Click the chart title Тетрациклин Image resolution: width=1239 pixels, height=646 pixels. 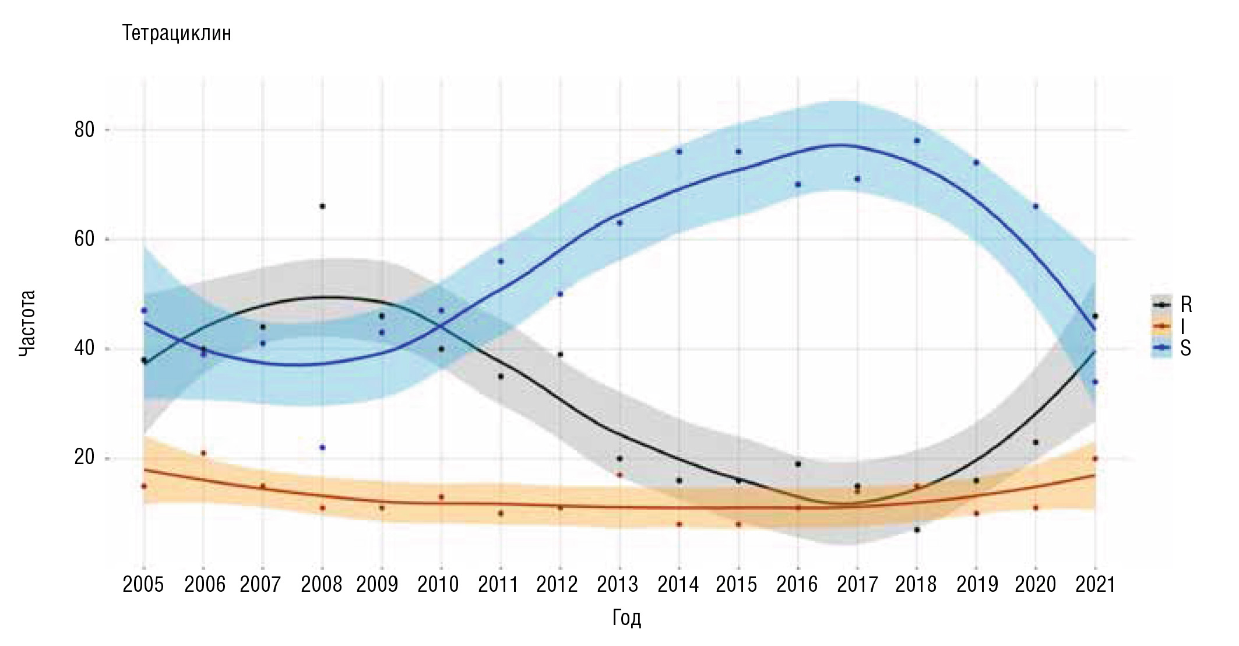click(x=177, y=34)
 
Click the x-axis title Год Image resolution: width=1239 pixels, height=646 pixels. click(x=626, y=617)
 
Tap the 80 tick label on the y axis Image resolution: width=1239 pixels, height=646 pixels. click(x=85, y=130)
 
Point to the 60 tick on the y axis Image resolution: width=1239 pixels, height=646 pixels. click(x=85, y=239)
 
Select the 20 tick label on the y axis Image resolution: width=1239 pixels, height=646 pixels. click(x=85, y=458)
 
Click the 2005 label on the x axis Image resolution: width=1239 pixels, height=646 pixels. click(x=143, y=584)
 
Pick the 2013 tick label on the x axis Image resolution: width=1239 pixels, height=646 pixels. click(x=618, y=584)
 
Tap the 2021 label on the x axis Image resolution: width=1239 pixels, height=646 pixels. click(x=1095, y=584)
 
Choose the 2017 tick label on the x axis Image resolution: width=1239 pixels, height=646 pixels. click(x=857, y=584)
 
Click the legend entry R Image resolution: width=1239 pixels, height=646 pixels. click(x=1185, y=304)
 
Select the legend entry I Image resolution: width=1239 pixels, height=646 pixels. click(x=1182, y=326)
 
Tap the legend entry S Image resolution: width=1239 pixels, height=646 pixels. click(x=1185, y=349)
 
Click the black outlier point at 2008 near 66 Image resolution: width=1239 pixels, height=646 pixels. click(x=322, y=206)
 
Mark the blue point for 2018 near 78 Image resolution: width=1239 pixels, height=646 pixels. click(x=917, y=141)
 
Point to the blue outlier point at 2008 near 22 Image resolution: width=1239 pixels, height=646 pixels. click(x=322, y=447)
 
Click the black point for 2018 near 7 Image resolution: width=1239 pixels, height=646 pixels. click(x=917, y=529)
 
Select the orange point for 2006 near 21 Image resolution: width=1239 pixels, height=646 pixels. click(x=203, y=453)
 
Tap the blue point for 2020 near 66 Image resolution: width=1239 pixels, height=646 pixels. click(x=1036, y=206)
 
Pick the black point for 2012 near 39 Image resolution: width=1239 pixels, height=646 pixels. click(x=560, y=354)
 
